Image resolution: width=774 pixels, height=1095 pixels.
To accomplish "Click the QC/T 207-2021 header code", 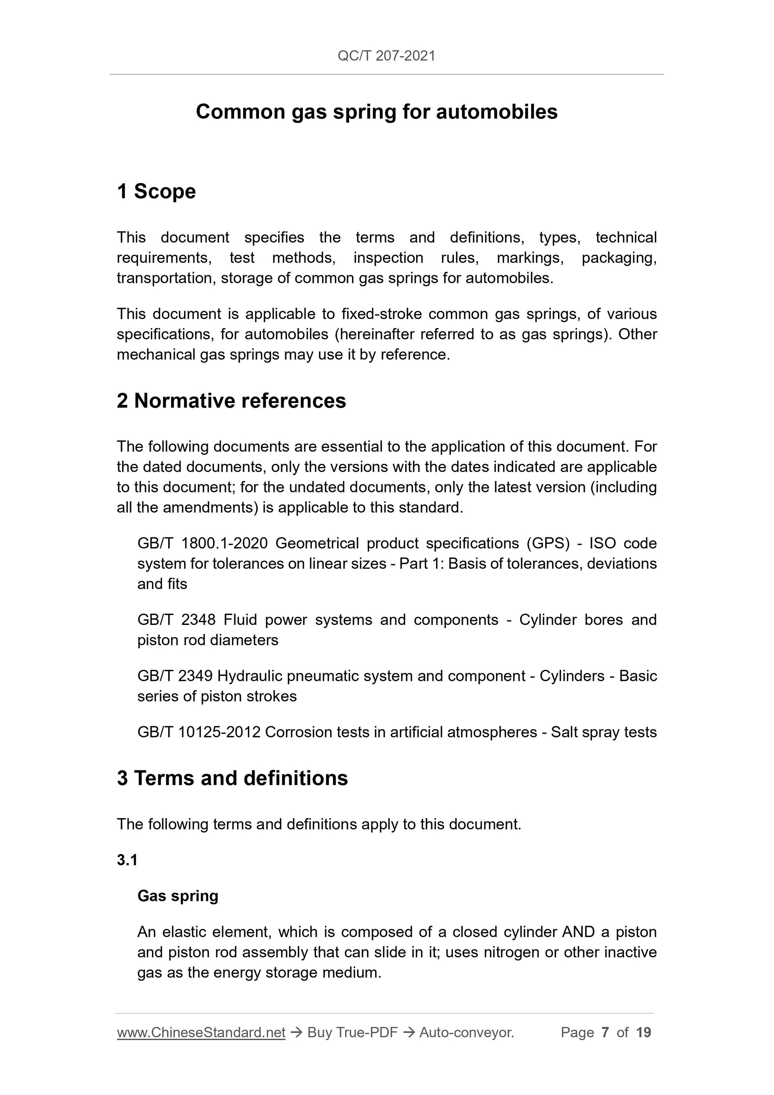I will pyautogui.click(x=386, y=56).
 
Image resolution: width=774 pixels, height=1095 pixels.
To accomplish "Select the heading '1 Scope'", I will pyautogui.click(x=156, y=192).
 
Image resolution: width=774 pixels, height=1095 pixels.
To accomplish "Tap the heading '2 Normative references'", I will pyautogui.click(x=231, y=401).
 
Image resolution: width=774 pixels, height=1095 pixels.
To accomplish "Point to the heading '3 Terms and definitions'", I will pyautogui.click(x=232, y=778).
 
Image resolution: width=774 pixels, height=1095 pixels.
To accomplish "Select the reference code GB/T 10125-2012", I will pyautogui.click(x=199, y=732).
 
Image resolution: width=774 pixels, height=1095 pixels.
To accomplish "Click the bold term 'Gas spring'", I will pyautogui.click(x=178, y=896).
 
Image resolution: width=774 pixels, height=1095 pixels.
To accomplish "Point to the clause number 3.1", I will pyautogui.click(x=127, y=860).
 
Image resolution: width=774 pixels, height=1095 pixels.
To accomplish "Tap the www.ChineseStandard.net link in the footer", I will pyautogui.click(x=201, y=1033).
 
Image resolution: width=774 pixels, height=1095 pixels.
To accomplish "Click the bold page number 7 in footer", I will pyautogui.click(x=605, y=1033).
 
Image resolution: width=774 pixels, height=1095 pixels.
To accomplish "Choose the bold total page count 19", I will pyautogui.click(x=643, y=1033).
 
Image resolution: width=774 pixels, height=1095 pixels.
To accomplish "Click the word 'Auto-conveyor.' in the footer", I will pyautogui.click(x=467, y=1033).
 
